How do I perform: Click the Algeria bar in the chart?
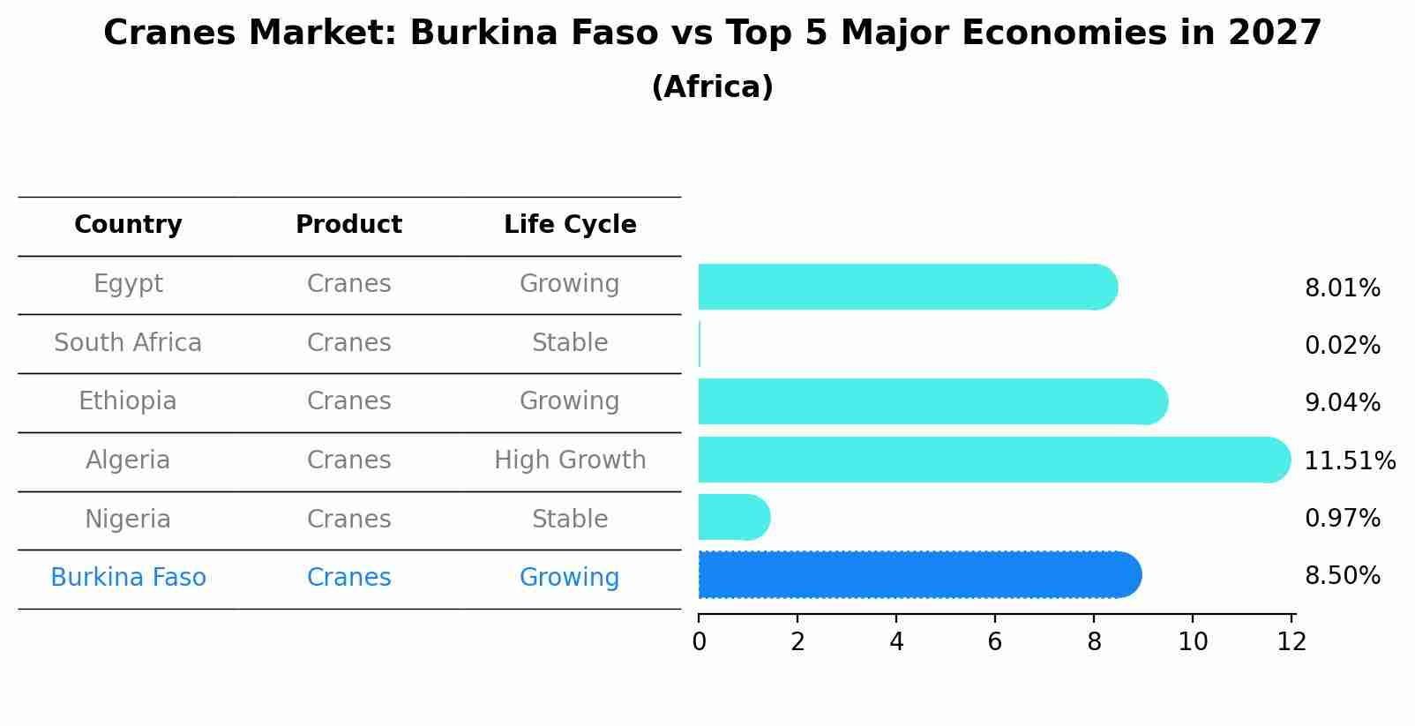[x=992, y=460]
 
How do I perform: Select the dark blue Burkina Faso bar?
[x=917, y=575]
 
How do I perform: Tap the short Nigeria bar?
[x=733, y=517]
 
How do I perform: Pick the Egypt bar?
[x=907, y=287]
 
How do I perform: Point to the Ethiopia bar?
[x=932, y=401]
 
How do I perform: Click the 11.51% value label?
[x=1349, y=460]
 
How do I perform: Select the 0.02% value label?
[x=1342, y=345]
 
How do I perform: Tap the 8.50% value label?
[x=1342, y=576]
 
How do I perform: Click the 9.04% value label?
[x=1342, y=402]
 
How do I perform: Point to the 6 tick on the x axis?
[x=995, y=641]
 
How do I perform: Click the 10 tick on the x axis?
[x=1193, y=641]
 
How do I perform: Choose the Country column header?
[x=128, y=225]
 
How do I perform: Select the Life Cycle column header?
[x=570, y=225]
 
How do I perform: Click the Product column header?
[x=348, y=225]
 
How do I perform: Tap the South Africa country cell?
[x=128, y=342]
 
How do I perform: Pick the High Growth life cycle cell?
[x=570, y=460]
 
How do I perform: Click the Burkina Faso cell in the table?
[x=128, y=578]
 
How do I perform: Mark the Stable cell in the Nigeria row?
[x=570, y=519]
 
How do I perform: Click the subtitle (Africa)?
[x=712, y=87]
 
